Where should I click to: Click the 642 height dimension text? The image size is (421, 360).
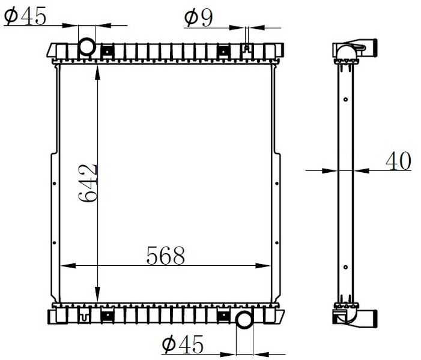click(x=88, y=182)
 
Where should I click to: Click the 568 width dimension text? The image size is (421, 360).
click(x=166, y=256)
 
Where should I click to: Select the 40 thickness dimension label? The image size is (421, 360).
click(x=398, y=161)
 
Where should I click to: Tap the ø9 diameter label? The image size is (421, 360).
click(x=198, y=18)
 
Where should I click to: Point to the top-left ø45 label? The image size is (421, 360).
click(x=25, y=16)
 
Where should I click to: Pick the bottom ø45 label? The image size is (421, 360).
click(x=183, y=344)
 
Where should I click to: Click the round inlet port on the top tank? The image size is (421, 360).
click(x=86, y=47)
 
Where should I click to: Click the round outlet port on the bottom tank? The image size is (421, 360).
click(x=244, y=319)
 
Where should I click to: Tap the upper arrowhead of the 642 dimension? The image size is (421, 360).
click(x=97, y=73)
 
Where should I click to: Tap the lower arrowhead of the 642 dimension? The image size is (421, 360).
click(x=97, y=294)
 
